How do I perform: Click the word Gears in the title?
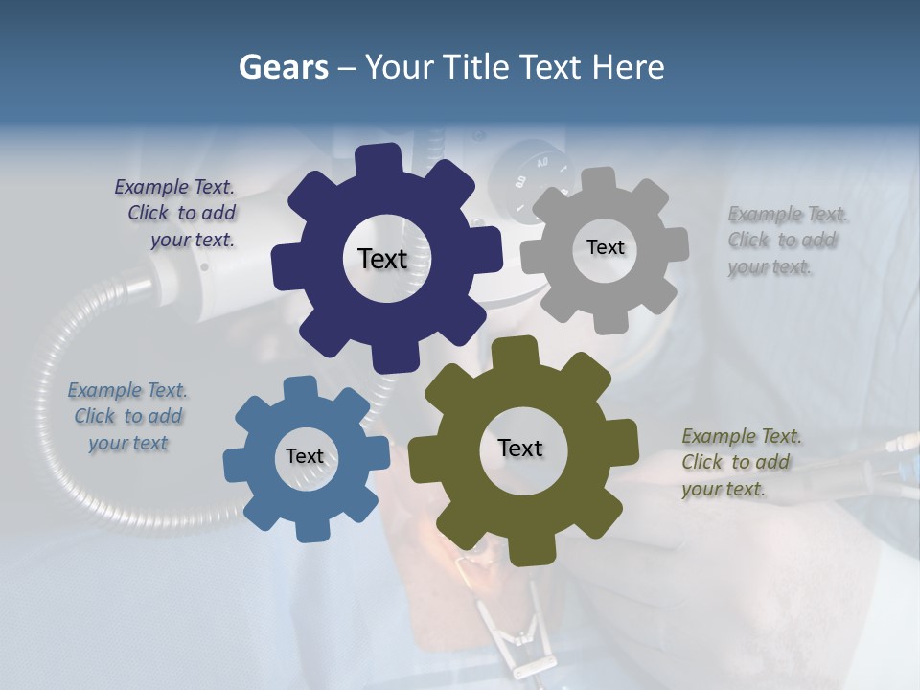(x=283, y=67)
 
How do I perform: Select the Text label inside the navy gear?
(x=382, y=259)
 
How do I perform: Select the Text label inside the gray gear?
(x=605, y=247)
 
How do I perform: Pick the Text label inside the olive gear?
(x=520, y=448)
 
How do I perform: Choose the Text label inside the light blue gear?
(x=305, y=456)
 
